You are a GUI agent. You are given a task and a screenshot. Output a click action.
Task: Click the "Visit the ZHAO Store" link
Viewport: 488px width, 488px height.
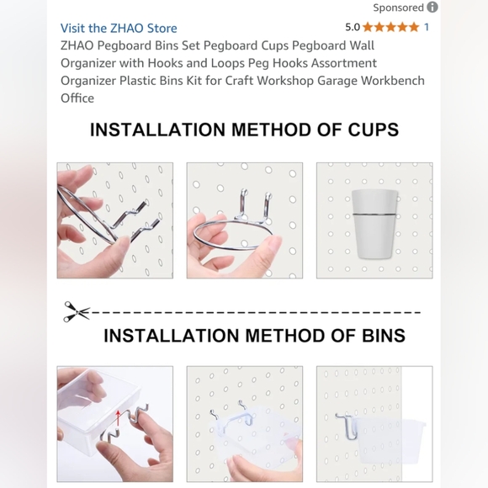click(119, 28)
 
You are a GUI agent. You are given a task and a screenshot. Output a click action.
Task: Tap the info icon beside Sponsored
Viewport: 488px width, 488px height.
click(432, 8)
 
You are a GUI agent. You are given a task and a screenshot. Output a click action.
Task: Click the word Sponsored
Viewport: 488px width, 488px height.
click(398, 8)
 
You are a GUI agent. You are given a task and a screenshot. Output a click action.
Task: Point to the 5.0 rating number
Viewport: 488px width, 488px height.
click(353, 27)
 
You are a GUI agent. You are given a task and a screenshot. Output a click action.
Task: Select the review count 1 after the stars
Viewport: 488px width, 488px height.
click(427, 27)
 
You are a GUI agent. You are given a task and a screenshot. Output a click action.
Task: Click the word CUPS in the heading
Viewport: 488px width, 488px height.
click(374, 130)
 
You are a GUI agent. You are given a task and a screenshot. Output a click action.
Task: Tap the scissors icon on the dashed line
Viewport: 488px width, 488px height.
click(77, 311)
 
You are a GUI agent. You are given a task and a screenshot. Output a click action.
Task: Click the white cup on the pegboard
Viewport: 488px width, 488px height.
click(374, 224)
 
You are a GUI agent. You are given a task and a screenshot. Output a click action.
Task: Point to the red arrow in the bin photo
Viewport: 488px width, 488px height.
click(118, 420)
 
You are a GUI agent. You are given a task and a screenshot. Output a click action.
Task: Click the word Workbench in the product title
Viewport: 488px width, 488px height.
click(392, 81)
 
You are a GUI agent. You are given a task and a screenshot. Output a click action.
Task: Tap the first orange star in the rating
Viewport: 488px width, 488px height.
click(368, 27)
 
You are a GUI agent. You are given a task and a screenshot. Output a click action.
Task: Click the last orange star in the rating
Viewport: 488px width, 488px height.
click(414, 27)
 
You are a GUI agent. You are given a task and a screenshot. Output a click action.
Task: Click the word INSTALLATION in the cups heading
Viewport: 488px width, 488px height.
click(157, 130)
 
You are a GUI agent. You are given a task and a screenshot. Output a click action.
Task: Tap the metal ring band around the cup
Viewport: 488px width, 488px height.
click(374, 214)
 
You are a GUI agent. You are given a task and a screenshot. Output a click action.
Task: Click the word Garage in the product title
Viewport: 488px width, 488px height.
click(337, 81)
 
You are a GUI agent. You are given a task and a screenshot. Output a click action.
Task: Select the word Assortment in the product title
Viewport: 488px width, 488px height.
click(344, 63)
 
